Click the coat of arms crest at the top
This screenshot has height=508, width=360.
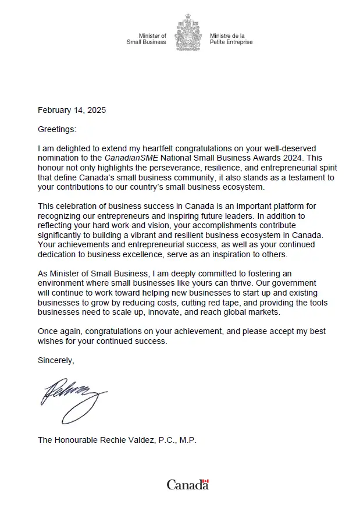188,34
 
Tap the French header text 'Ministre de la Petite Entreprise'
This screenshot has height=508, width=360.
231,39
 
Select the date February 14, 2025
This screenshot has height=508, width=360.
72,110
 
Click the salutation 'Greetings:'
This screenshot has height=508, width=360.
57,129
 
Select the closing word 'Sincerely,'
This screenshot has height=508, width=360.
56,360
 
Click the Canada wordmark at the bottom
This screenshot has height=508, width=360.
187,485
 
